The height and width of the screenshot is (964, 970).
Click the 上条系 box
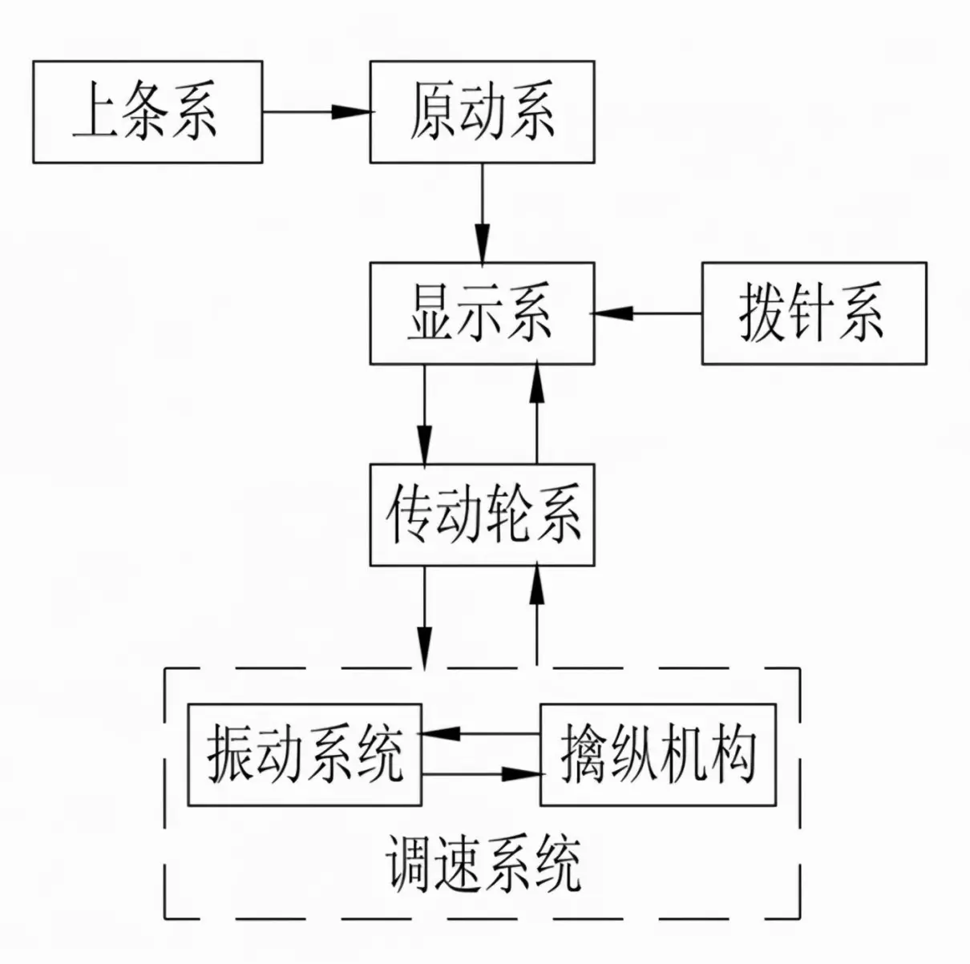click(x=148, y=111)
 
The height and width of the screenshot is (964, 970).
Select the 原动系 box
click(x=483, y=111)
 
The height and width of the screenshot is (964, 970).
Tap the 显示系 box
click(x=483, y=313)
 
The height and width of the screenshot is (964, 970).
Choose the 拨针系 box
click(x=814, y=313)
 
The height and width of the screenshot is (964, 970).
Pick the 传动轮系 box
click(x=483, y=514)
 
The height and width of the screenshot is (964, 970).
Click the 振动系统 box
click(x=305, y=755)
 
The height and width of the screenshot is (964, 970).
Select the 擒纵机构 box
click(x=658, y=755)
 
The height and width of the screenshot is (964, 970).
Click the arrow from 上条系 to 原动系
click(x=317, y=111)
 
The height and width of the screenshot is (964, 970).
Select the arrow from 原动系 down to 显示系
click(x=483, y=212)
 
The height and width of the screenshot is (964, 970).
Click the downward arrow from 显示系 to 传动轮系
click(x=424, y=413)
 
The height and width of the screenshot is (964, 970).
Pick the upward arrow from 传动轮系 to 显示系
click(x=537, y=413)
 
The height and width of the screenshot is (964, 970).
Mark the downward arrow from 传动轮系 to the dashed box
click(x=425, y=618)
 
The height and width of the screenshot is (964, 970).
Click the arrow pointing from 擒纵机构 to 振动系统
click(x=481, y=733)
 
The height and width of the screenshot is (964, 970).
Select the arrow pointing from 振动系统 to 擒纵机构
click(x=482, y=774)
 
